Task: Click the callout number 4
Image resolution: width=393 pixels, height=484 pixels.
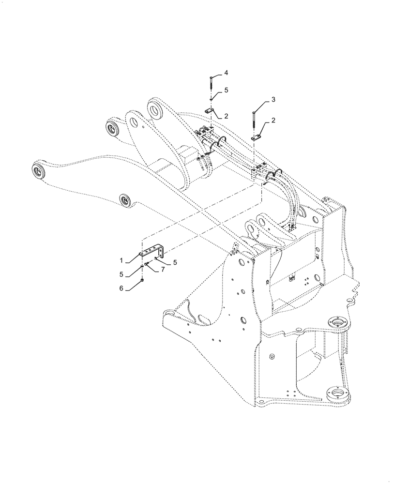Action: pyautogui.click(x=226, y=73)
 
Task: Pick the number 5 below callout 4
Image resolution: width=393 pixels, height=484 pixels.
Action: pyautogui.click(x=226, y=90)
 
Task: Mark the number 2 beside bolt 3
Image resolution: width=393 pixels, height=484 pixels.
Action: pyautogui.click(x=273, y=121)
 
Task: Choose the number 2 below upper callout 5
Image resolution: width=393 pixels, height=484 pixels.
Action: pyautogui.click(x=226, y=116)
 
